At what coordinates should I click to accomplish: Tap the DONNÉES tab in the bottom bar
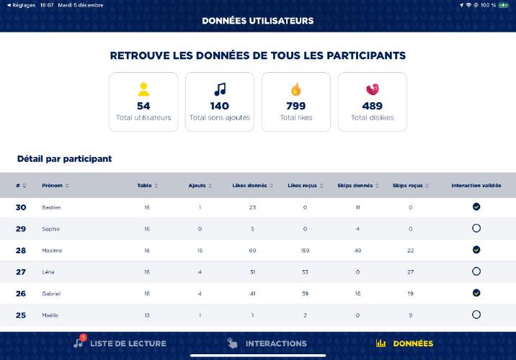pyautogui.click(x=404, y=343)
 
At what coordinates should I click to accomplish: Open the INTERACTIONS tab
pyautogui.click(x=267, y=343)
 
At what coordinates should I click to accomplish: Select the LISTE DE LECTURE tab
pyautogui.click(x=120, y=343)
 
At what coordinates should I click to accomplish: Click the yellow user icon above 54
pyautogui.click(x=143, y=89)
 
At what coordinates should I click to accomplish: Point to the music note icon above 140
pyautogui.click(x=220, y=89)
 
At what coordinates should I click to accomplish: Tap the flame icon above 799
pyautogui.click(x=295, y=89)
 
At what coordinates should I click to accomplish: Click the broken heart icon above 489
pyautogui.click(x=372, y=89)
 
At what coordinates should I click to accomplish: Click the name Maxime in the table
pyautogui.click(x=52, y=251)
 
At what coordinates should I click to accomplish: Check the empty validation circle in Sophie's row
pyautogui.click(x=476, y=228)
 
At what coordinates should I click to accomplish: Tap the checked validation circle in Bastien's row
pyautogui.click(x=476, y=207)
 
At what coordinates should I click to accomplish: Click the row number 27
pyautogui.click(x=21, y=271)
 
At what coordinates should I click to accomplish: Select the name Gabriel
pyautogui.click(x=52, y=294)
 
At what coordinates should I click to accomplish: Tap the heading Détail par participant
pyautogui.click(x=64, y=158)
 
